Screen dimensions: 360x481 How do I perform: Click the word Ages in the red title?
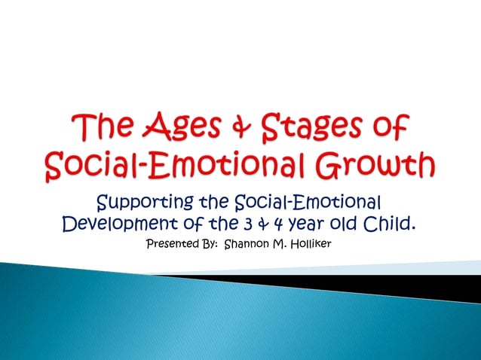pyautogui.click(x=179, y=126)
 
